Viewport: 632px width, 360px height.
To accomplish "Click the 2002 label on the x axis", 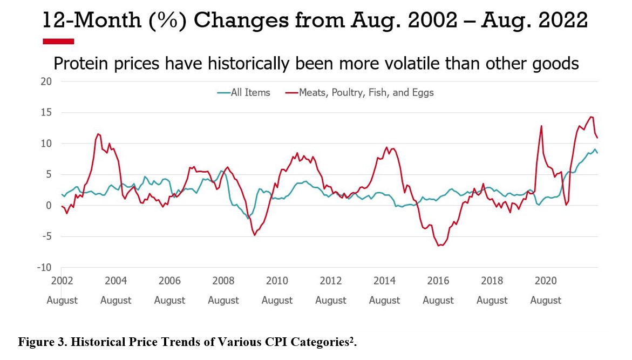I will [62, 281].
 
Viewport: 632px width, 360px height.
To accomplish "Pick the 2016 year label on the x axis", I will [438, 281].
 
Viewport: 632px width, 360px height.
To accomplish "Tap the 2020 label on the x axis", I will [546, 281].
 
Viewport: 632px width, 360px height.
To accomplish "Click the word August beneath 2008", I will [223, 300].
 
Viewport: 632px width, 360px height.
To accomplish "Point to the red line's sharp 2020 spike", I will [541, 126].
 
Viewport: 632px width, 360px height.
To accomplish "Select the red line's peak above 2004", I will [98, 134].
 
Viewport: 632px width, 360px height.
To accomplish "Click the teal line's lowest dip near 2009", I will [248, 218].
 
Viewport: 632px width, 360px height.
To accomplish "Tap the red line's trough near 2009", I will [254, 235].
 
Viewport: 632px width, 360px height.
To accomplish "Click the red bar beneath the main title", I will [58, 41].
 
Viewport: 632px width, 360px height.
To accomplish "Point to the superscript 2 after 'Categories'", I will [352, 339].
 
